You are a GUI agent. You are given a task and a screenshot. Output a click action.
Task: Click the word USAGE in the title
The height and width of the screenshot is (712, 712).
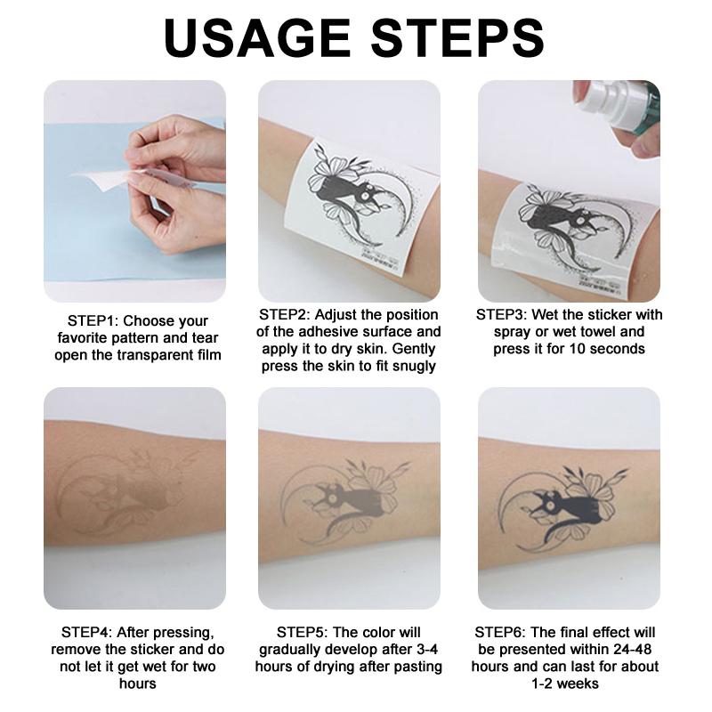257,38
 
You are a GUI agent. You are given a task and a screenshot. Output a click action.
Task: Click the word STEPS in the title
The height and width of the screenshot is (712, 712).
457,38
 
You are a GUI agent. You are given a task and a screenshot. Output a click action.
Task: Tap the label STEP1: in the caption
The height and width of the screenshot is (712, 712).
93,321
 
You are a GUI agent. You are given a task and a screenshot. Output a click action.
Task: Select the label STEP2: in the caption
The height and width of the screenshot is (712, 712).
284,315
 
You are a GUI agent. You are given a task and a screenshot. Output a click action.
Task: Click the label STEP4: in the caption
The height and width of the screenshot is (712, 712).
86,633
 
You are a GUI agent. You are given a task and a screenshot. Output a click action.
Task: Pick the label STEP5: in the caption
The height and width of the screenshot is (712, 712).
302,633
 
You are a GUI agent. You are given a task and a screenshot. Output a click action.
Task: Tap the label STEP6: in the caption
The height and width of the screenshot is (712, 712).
500,633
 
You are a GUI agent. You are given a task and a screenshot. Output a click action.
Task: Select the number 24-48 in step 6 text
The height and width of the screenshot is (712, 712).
632,650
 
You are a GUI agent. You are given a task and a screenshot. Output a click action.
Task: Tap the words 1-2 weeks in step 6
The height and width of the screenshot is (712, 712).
565,684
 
